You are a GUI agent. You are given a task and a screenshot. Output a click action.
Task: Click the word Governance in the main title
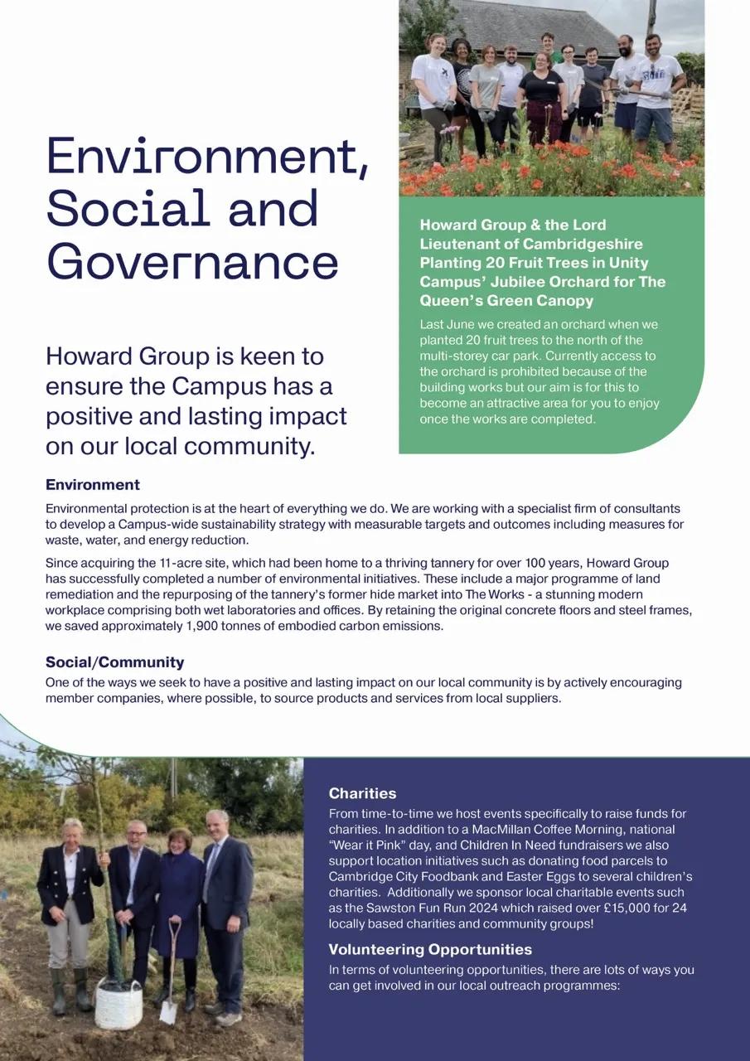[192, 262]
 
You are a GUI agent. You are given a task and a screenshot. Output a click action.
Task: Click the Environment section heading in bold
[93, 485]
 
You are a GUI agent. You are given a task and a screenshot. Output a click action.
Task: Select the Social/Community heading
[114, 662]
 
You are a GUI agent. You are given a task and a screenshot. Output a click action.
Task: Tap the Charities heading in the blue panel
[362, 793]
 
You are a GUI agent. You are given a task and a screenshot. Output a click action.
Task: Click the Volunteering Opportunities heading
[430, 949]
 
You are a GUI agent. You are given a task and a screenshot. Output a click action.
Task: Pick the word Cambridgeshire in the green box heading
[581, 244]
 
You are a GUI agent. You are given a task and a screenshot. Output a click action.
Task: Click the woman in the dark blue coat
[178, 904]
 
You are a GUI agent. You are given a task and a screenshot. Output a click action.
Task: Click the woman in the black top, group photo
[542, 99]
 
